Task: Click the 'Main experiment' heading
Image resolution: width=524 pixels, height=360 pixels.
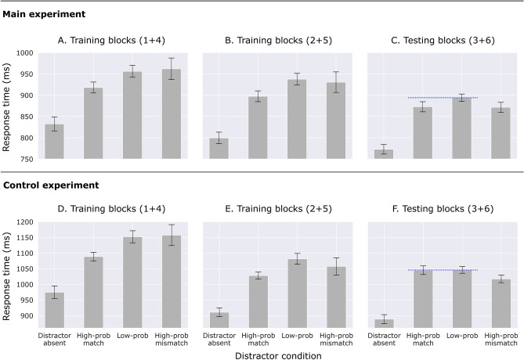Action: pos(43,14)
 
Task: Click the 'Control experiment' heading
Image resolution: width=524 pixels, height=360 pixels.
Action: pos(49,185)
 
